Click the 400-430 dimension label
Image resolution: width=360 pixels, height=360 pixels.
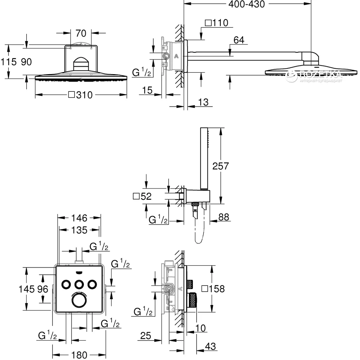(x=247, y=4)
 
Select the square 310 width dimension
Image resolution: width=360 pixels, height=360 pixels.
(x=80, y=95)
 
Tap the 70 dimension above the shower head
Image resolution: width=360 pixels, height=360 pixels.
(x=81, y=33)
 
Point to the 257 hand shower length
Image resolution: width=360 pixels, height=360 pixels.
(x=221, y=166)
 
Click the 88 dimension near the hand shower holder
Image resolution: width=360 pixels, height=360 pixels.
(x=224, y=217)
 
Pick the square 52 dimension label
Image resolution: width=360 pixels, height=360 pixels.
(x=142, y=197)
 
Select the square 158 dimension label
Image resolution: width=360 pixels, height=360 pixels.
(x=213, y=289)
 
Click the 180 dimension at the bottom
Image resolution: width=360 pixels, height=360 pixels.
(x=79, y=355)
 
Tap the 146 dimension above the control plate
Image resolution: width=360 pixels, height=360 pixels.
(x=79, y=218)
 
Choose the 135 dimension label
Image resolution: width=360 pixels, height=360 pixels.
(x=79, y=230)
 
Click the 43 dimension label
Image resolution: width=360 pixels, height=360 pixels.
(x=210, y=346)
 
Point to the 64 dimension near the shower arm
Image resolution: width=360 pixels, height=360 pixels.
(x=239, y=40)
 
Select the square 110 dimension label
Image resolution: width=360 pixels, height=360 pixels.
(x=216, y=23)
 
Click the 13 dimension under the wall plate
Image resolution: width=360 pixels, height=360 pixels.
(x=203, y=102)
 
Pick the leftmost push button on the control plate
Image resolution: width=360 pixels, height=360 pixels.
(x=67, y=284)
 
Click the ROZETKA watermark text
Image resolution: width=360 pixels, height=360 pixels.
(x=321, y=74)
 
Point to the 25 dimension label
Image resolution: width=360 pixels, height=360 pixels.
(x=145, y=336)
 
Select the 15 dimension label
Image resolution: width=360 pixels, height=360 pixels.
(x=147, y=90)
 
